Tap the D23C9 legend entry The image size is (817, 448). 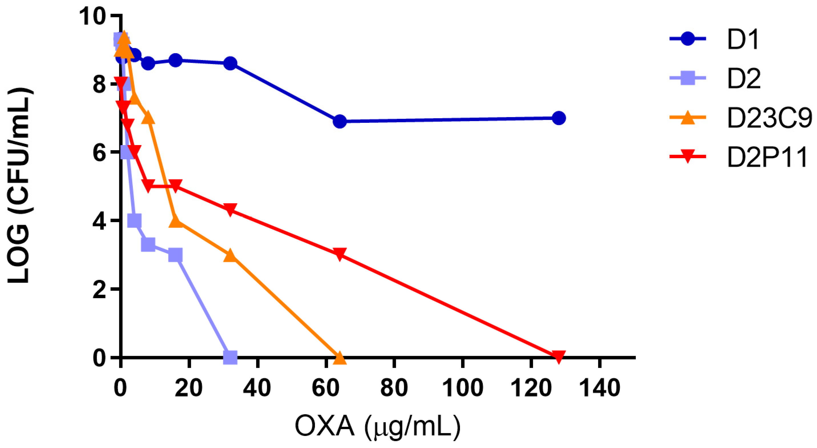pos(769,118)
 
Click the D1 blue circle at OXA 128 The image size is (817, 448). pos(559,118)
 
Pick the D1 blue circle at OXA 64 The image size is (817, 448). pos(339,121)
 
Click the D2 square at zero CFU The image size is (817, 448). pos(230,357)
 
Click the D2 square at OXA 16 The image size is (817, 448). pos(175,255)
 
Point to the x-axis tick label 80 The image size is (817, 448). pos(394,388)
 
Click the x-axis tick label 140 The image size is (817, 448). pos(599,388)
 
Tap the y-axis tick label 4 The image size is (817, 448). pos(99,221)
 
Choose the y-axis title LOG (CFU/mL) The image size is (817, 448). pos(20,186)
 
